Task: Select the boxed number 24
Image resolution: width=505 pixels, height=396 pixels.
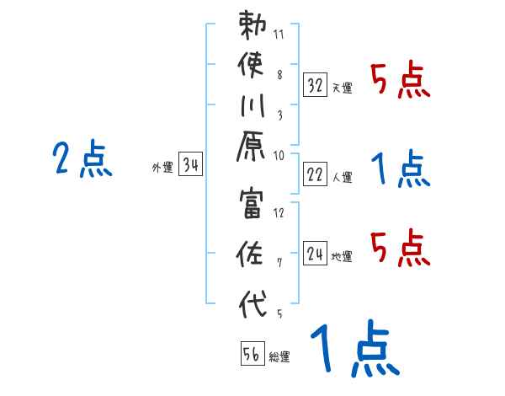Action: [315, 253]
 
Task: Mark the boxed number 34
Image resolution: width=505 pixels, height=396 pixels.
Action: [190, 165]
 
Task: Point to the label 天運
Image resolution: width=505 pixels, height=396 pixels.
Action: [342, 88]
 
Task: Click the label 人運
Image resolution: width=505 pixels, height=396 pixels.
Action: [342, 177]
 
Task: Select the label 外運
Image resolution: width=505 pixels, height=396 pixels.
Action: [162, 168]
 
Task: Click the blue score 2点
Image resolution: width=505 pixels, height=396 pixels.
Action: [82, 159]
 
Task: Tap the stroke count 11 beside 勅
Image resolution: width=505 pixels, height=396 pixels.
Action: [279, 35]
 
